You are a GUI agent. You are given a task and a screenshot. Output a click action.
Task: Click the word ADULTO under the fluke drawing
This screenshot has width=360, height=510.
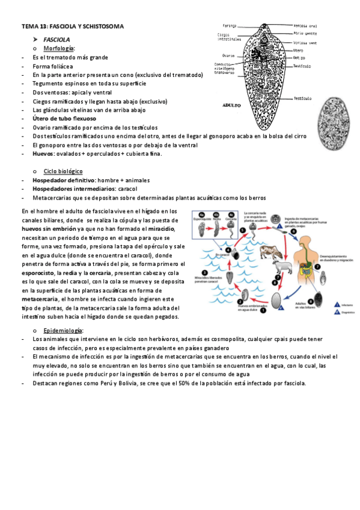[x=231, y=104]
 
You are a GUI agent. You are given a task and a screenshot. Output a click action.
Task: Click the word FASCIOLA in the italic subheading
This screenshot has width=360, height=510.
[x=56, y=39]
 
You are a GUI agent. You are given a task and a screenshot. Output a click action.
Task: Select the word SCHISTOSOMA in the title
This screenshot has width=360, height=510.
[x=102, y=26]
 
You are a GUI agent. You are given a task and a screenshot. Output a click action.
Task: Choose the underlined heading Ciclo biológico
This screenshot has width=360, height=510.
[x=63, y=171]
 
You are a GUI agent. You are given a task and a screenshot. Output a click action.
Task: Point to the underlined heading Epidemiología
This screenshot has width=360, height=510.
[x=64, y=331]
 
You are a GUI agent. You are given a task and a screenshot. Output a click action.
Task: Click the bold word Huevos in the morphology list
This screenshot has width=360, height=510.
[x=44, y=153]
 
